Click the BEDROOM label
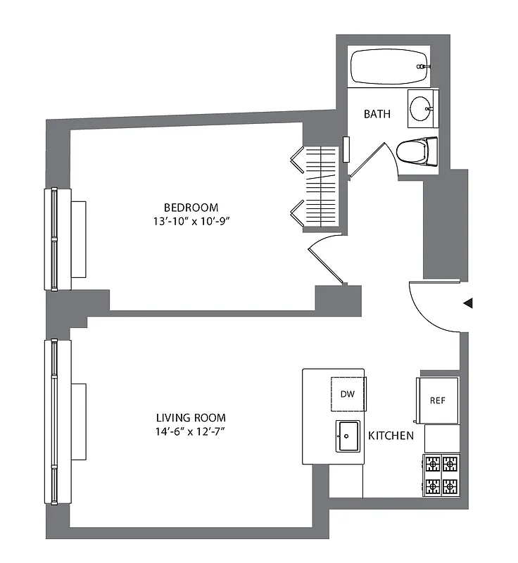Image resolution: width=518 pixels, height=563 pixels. pos(191,208)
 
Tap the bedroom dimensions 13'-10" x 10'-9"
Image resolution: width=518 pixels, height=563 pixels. pos(191,221)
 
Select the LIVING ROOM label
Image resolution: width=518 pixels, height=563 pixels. pos(191,418)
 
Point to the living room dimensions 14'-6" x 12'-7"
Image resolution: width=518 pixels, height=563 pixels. pos(191,431)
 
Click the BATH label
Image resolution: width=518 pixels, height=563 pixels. pos(377,114)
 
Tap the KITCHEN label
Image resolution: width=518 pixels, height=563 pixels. pos(391,436)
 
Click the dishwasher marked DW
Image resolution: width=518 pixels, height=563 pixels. pos(348,395)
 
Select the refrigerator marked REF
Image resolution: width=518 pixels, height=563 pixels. pos(438,400)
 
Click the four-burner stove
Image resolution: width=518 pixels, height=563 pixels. pos(441,475)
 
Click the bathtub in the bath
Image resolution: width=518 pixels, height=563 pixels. pos(390,66)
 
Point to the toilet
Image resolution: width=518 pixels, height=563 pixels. pos(415,150)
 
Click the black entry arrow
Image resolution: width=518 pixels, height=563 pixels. pos(467,303)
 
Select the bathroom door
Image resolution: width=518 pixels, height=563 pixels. pos(367,159)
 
